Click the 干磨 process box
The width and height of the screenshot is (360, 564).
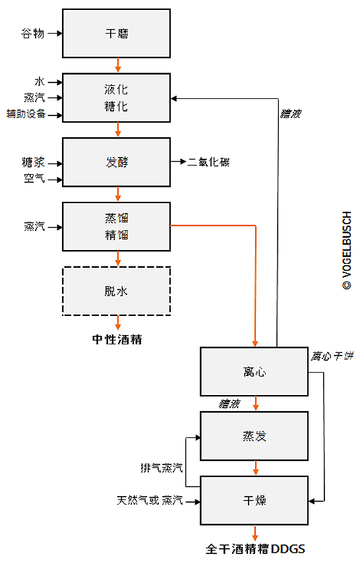[117, 34]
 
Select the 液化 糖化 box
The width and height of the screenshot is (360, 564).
[117, 98]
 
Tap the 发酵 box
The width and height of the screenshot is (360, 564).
[117, 162]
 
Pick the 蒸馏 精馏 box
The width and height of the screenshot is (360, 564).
[117, 227]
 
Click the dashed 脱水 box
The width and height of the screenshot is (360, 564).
[117, 291]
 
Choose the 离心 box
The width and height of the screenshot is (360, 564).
[255, 371]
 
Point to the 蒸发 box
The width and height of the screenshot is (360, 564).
[255, 436]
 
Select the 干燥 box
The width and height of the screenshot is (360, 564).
[255, 500]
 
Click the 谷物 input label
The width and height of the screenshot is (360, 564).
[33, 34]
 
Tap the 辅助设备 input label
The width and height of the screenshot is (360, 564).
[26, 114]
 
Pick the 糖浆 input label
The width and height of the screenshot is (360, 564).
[33, 162]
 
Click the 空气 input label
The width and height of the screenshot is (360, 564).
[34, 178]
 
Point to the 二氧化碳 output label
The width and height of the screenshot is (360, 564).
[208, 162]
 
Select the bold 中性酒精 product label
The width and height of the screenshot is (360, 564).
[117, 339]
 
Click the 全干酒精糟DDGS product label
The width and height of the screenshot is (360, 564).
[255, 549]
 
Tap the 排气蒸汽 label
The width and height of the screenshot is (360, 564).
[162, 468]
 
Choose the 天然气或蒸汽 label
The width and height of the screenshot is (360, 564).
[150, 500]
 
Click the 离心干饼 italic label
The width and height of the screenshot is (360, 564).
[332, 356]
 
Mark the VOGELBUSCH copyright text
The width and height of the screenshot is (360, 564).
[347, 251]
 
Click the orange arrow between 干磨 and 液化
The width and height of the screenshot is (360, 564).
[117, 65]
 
